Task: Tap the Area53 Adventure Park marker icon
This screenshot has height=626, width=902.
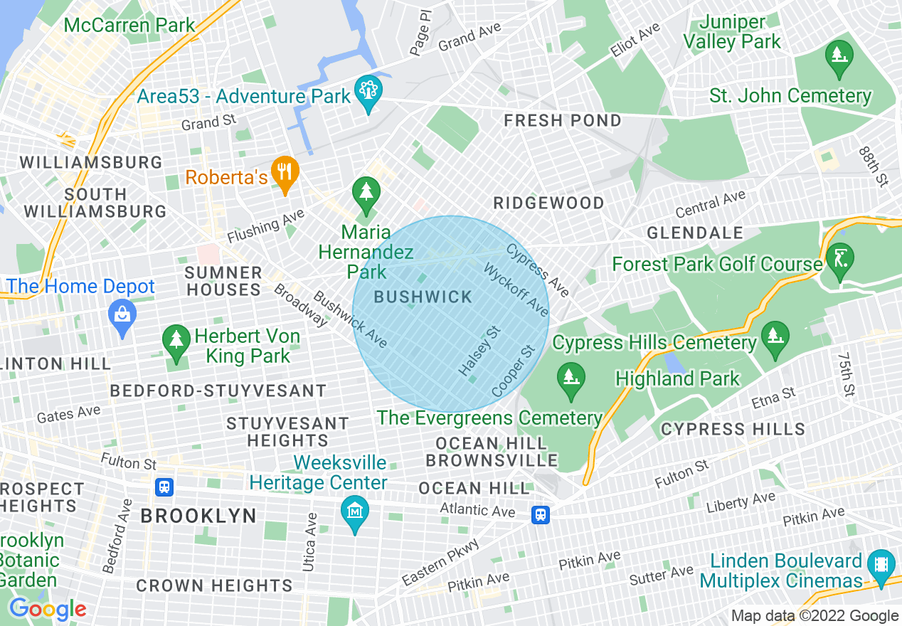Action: [x=368, y=92]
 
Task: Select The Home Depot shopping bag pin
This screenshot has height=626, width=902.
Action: [x=122, y=314]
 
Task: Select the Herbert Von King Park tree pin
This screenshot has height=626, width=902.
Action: [x=175, y=341]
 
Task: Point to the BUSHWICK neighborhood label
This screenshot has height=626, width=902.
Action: [x=423, y=297]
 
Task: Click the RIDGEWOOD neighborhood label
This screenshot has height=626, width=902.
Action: [x=548, y=203]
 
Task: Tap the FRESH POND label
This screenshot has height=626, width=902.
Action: [x=563, y=121]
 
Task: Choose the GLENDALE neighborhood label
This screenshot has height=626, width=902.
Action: [x=695, y=233]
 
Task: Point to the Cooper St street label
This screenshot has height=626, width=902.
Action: [x=513, y=372]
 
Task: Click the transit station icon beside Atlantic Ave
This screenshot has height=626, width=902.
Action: [x=541, y=514]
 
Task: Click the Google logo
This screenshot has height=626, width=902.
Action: [x=48, y=609]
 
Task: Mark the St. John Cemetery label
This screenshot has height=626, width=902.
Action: [x=790, y=96]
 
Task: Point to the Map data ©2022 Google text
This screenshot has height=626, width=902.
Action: [x=815, y=616]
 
